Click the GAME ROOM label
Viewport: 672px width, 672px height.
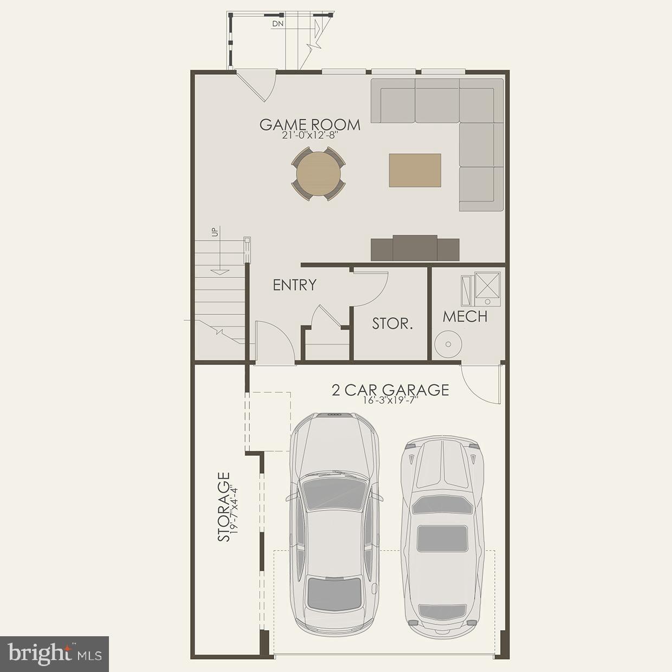(309, 125)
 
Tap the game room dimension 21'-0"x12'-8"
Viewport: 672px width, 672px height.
(309, 136)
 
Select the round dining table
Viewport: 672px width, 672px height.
(319, 175)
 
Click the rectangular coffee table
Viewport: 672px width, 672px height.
(415, 170)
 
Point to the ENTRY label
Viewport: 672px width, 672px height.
(294, 285)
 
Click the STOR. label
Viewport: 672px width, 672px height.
(392, 324)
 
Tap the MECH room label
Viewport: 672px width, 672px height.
(465, 316)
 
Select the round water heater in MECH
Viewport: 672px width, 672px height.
(448, 344)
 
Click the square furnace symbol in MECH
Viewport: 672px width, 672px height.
(488, 286)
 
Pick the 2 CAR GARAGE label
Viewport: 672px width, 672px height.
(390, 390)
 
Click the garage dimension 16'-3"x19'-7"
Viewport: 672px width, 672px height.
(390, 401)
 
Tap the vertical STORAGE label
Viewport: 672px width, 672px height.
(223, 507)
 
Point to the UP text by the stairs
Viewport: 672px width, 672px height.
(215, 232)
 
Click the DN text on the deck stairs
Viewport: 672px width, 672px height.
(277, 24)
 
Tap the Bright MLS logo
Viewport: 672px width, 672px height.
(55, 654)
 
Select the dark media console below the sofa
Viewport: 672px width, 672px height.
(415, 248)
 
